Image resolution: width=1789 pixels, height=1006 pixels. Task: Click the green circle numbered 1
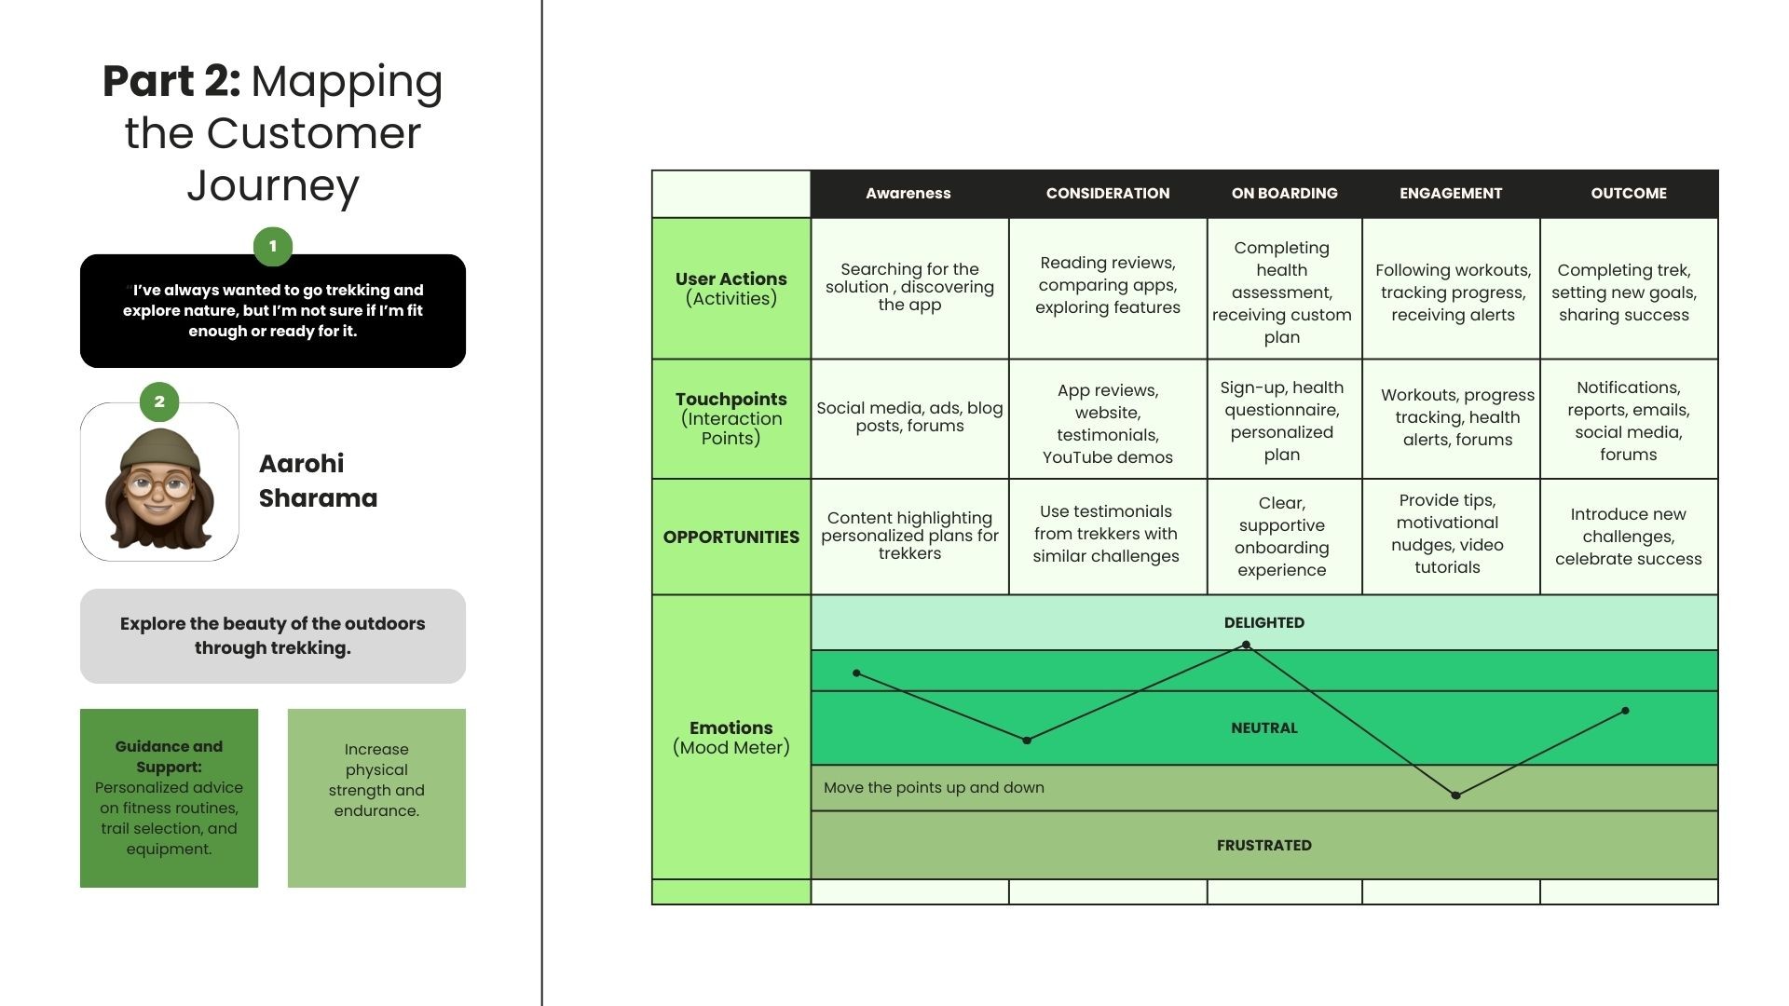[x=273, y=246]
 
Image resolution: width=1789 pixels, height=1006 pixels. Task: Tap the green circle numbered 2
[x=159, y=401]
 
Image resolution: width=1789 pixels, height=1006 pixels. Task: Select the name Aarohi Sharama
[x=318, y=481]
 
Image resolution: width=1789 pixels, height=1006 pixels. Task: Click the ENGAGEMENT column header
[x=1450, y=193]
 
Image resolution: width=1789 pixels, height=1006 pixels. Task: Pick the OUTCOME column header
[x=1628, y=193]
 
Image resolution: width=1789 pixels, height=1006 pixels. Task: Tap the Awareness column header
[x=908, y=193]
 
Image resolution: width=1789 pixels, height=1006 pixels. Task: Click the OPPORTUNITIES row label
[x=731, y=537]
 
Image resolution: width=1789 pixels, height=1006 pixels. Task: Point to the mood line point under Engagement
[x=1455, y=795]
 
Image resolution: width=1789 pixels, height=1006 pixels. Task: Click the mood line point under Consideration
[x=1027, y=741]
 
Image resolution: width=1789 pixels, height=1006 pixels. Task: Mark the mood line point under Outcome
[x=1625, y=711]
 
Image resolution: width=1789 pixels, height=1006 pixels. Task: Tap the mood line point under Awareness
[x=856, y=673]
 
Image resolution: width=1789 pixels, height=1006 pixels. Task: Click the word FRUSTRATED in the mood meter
[x=1263, y=845]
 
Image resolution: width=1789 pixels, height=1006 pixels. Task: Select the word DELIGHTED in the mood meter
[x=1263, y=622]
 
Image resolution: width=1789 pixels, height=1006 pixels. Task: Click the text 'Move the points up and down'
[x=934, y=787]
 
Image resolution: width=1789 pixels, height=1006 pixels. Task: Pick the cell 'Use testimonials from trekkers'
[x=1106, y=534]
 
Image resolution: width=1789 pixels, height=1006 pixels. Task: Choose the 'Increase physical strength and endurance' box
[x=376, y=797]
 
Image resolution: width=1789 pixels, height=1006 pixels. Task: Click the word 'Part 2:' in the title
[x=171, y=81]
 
